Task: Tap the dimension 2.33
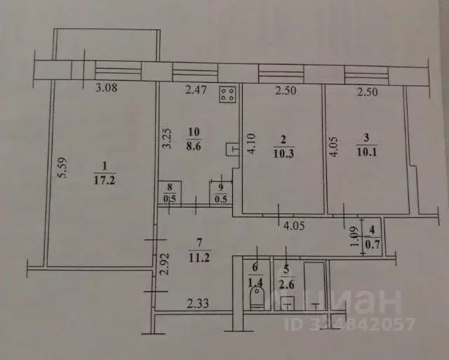click(x=199, y=303)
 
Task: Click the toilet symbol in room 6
click(x=255, y=300)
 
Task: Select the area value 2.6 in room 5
click(x=285, y=284)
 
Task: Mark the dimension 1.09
click(x=355, y=237)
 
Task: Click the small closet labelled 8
click(x=170, y=193)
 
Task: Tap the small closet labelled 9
click(x=220, y=193)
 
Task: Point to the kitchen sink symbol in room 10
click(x=232, y=149)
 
